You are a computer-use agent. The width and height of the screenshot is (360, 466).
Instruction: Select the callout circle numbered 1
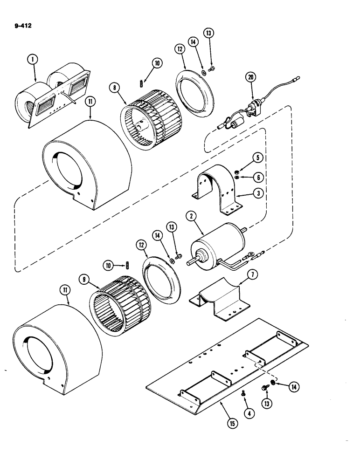click(x=32, y=60)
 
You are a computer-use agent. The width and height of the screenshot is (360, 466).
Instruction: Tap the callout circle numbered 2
click(x=190, y=216)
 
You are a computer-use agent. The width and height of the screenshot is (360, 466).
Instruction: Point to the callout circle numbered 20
click(x=252, y=78)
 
